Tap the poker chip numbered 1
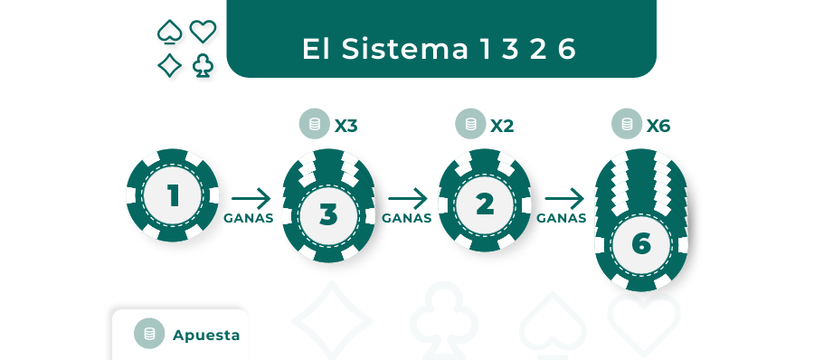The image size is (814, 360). [173, 195]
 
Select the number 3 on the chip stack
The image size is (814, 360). [328, 215]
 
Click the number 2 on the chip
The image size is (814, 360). [485, 204]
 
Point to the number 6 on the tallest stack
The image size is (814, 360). [641, 243]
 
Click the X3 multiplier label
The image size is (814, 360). [346, 126]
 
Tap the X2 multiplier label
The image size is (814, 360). [502, 126]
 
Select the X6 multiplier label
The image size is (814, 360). [658, 126]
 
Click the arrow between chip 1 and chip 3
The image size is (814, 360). [251, 198]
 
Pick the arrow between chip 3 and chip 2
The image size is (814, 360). [407, 198]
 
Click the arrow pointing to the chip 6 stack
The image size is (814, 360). [563, 198]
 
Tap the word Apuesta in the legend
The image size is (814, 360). [206, 335]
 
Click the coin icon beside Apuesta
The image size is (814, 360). [149, 334]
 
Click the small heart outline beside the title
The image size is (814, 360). [203, 32]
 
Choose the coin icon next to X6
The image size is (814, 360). [626, 125]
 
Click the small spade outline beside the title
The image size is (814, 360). [169, 33]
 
